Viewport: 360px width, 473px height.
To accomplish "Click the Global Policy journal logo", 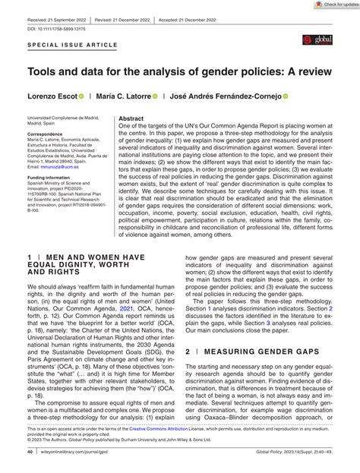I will click(x=319, y=59).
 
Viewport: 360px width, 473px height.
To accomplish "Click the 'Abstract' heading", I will click(x=131, y=118).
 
